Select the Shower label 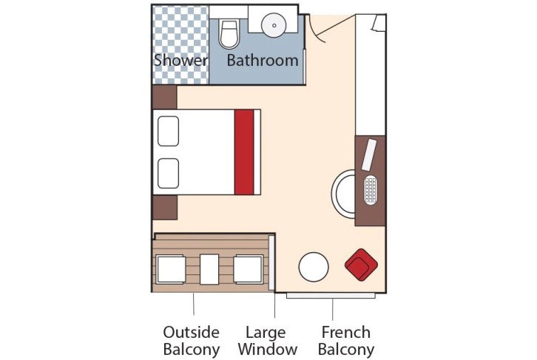[x=180, y=60]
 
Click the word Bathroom [x=263, y=60]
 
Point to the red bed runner [x=244, y=152]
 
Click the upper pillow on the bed [x=169, y=130]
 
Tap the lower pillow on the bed [x=169, y=173]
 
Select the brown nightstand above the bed [x=164, y=97]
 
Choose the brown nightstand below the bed [x=164, y=207]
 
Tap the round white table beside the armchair [x=314, y=267]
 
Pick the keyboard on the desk [x=371, y=190]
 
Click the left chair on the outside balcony [x=170, y=269]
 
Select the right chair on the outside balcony [x=249, y=269]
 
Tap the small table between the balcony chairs [x=210, y=269]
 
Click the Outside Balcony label [x=192, y=340]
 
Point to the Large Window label [x=271, y=340]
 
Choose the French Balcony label [x=346, y=340]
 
